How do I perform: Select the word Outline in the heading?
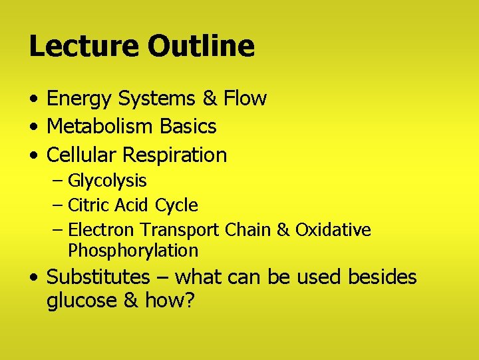[x=201, y=46]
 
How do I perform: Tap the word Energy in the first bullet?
[x=80, y=99]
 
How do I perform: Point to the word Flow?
[x=245, y=99]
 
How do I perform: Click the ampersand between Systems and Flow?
[x=210, y=99]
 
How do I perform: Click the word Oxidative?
[x=333, y=230]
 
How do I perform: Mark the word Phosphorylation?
[x=133, y=251]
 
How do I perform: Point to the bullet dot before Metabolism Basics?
[x=33, y=127]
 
